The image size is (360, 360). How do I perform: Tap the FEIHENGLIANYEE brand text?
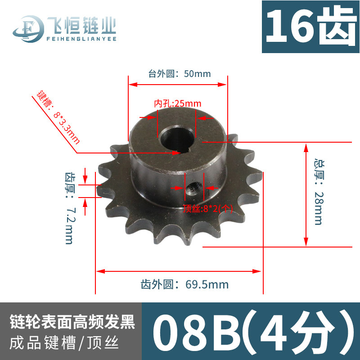[x=81, y=39]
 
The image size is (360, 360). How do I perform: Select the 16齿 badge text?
[x=310, y=27]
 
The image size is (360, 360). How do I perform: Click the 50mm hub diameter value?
[x=197, y=74]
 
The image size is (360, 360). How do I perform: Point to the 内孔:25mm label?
[x=178, y=103]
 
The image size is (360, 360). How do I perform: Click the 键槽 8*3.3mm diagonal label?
[x=58, y=117]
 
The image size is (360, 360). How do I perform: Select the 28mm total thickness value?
[x=319, y=208]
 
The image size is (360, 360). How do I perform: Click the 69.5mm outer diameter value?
[x=207, y=284]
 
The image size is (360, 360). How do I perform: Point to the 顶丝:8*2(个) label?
[x=208, y=208]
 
